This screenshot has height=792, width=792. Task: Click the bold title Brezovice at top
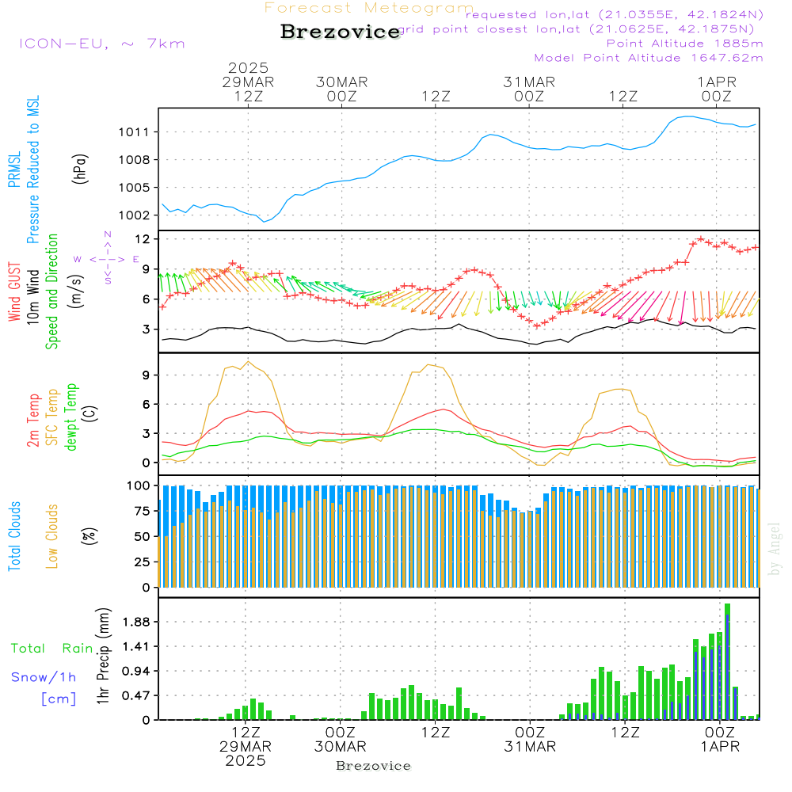(x=341, y=32)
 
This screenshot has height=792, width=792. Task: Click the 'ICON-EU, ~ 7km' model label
(x=101, y=44)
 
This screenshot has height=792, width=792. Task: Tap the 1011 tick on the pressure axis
(x=136, y=132)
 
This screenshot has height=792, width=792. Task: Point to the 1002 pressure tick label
(x=136, y=215)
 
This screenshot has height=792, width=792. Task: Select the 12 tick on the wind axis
(x=143, y=238)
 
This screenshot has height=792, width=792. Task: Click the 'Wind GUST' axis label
(x=15, y=292)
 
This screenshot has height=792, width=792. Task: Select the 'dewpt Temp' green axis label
(x=72, y=417)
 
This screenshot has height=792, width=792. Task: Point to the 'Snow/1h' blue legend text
(x=44, y=677)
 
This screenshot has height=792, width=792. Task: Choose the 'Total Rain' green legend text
(x=52, y=649)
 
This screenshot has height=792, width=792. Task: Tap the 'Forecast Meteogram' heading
(x=369, y=8)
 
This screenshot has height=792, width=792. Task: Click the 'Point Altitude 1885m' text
(x=685, y=44)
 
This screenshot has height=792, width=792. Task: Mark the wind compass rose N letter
(x=108, y=234)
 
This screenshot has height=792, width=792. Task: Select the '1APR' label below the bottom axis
(x=718, y=747)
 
